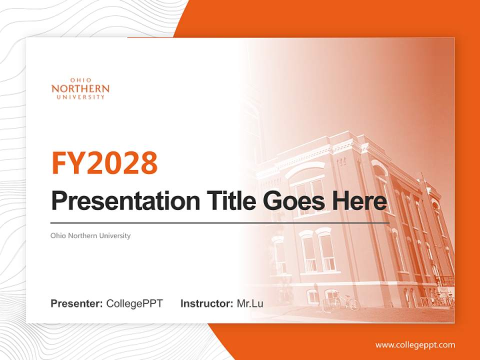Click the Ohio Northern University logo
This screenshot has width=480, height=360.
pyautogui.click(x=80, y=88)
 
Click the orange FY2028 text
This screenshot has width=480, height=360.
pyautogui.click(x=104, y=162)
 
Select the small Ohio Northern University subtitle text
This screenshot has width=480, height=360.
pyautogui.click(x=90, y=235)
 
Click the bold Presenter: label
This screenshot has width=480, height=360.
pyautogui.click(x=77, y=303)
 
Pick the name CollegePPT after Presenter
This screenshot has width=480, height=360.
pyautogui.click(x=134, y=303)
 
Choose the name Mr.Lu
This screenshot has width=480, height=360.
pyautogui.click(x=250, y=303)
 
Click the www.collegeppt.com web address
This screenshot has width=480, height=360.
pyautogui.click(x=415, y=345)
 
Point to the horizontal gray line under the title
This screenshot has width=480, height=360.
pyautogui.click(x=220, y=223)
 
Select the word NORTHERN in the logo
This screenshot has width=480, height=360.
pyautogui.click(x=80, y=88)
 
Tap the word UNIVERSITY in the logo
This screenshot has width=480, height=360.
pyautogui.click(x=80, y=97)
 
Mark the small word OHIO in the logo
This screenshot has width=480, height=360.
pyautogui.click(x=80, y=80)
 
